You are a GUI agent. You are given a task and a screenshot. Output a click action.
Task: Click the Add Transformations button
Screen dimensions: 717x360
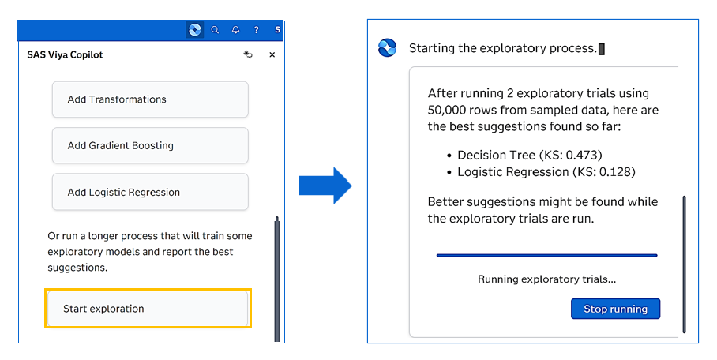(x=150, y=99)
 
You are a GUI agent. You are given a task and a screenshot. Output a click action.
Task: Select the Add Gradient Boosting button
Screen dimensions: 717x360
(x=150, y=145)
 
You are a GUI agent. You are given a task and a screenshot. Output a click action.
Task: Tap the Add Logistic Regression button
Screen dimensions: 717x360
(x=150, y=192)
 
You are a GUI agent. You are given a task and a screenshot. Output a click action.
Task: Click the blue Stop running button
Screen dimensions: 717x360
(x=615, y=309)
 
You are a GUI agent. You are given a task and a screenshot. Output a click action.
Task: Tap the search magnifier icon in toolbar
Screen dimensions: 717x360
(x=215, y=30)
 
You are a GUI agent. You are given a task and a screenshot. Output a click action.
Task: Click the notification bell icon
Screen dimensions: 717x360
(x=235, y=30)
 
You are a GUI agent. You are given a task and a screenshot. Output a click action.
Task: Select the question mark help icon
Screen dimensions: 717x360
(x=256, y=30)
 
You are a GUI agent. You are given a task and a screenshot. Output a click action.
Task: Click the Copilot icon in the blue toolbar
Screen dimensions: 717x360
(x=195, y=30)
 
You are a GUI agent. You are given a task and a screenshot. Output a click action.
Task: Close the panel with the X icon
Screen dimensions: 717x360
(x=272, y=55)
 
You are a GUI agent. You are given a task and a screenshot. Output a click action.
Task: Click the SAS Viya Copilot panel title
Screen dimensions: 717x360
(x=65, y=55)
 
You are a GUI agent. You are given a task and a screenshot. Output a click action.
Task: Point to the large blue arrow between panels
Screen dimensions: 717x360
(x=325, y=186)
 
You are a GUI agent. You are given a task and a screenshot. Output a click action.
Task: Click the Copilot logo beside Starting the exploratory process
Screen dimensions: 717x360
(x=387, y=48)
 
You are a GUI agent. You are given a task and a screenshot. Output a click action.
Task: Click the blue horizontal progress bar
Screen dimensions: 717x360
(x=547, y=255)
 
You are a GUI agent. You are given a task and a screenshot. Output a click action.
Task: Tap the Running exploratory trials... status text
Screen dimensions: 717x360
(x=547, y=279)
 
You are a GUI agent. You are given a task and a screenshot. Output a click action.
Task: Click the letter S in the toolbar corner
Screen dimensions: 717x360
(x=277, y=30)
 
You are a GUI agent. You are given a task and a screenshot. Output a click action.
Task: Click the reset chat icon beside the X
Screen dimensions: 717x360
(x=248, y=55)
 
